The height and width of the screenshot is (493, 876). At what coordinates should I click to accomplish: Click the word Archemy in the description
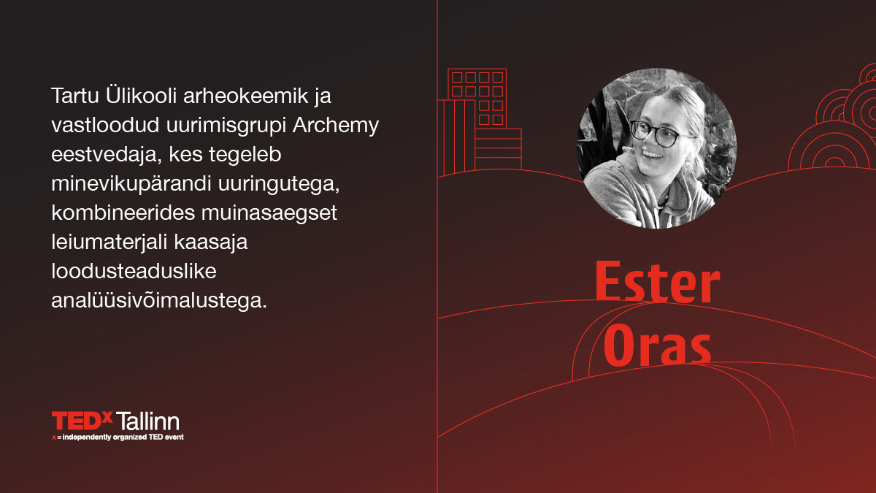click(336, 126)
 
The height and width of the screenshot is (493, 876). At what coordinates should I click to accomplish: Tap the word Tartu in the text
click(74, 96)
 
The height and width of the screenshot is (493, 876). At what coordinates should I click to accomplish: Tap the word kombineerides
click(123, 213)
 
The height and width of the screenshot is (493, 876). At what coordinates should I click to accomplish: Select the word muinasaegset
click(269, 213)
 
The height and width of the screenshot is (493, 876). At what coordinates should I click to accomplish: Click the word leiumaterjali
click(109, 242)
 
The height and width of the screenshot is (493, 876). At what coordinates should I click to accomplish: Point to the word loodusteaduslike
click(134, 271)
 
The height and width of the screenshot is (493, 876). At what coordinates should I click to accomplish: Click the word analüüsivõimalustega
click(159, 301)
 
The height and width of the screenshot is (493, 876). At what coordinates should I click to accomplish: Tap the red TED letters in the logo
click(77, 421)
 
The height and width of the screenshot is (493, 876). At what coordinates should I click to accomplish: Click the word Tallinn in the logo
click(147, 421)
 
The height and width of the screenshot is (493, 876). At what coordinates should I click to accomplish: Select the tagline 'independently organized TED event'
click(123, 437)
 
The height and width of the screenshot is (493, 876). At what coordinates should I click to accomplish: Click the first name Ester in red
click(657, 282)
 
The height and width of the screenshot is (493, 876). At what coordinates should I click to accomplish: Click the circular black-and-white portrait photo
click(657, 148)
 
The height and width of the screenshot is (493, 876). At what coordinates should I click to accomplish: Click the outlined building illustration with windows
click(480, 121)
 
